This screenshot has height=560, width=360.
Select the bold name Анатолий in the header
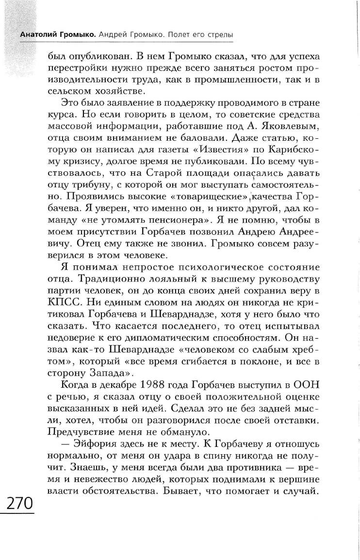[37, 35]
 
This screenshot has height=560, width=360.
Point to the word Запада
[106, 375]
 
